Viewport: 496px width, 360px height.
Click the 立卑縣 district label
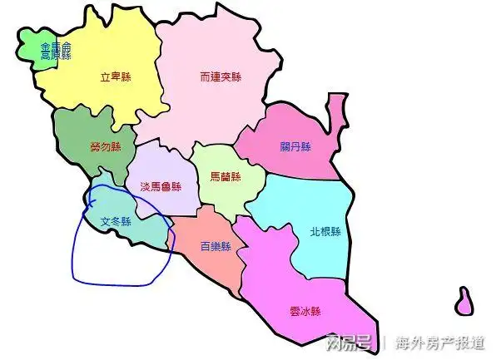click(x=117, y=77)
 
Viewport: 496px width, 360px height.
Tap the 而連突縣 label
click(x=221, y=77)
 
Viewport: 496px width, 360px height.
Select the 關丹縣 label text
click(x=295, y=147)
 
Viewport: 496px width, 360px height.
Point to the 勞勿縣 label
click(x=106, y=147)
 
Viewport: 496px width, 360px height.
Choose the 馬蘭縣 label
click(x=225, y=177)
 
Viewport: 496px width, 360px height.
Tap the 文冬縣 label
click(x=117, y=222)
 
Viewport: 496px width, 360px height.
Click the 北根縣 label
click(x=325, y=232)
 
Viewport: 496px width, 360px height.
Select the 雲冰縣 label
click(x=305, y=311)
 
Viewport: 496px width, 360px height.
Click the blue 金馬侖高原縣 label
click(x=56, y=52)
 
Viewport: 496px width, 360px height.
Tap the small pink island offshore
click(x=464, y=302)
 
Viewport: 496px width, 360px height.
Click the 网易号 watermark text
click(x=350, y=342)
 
